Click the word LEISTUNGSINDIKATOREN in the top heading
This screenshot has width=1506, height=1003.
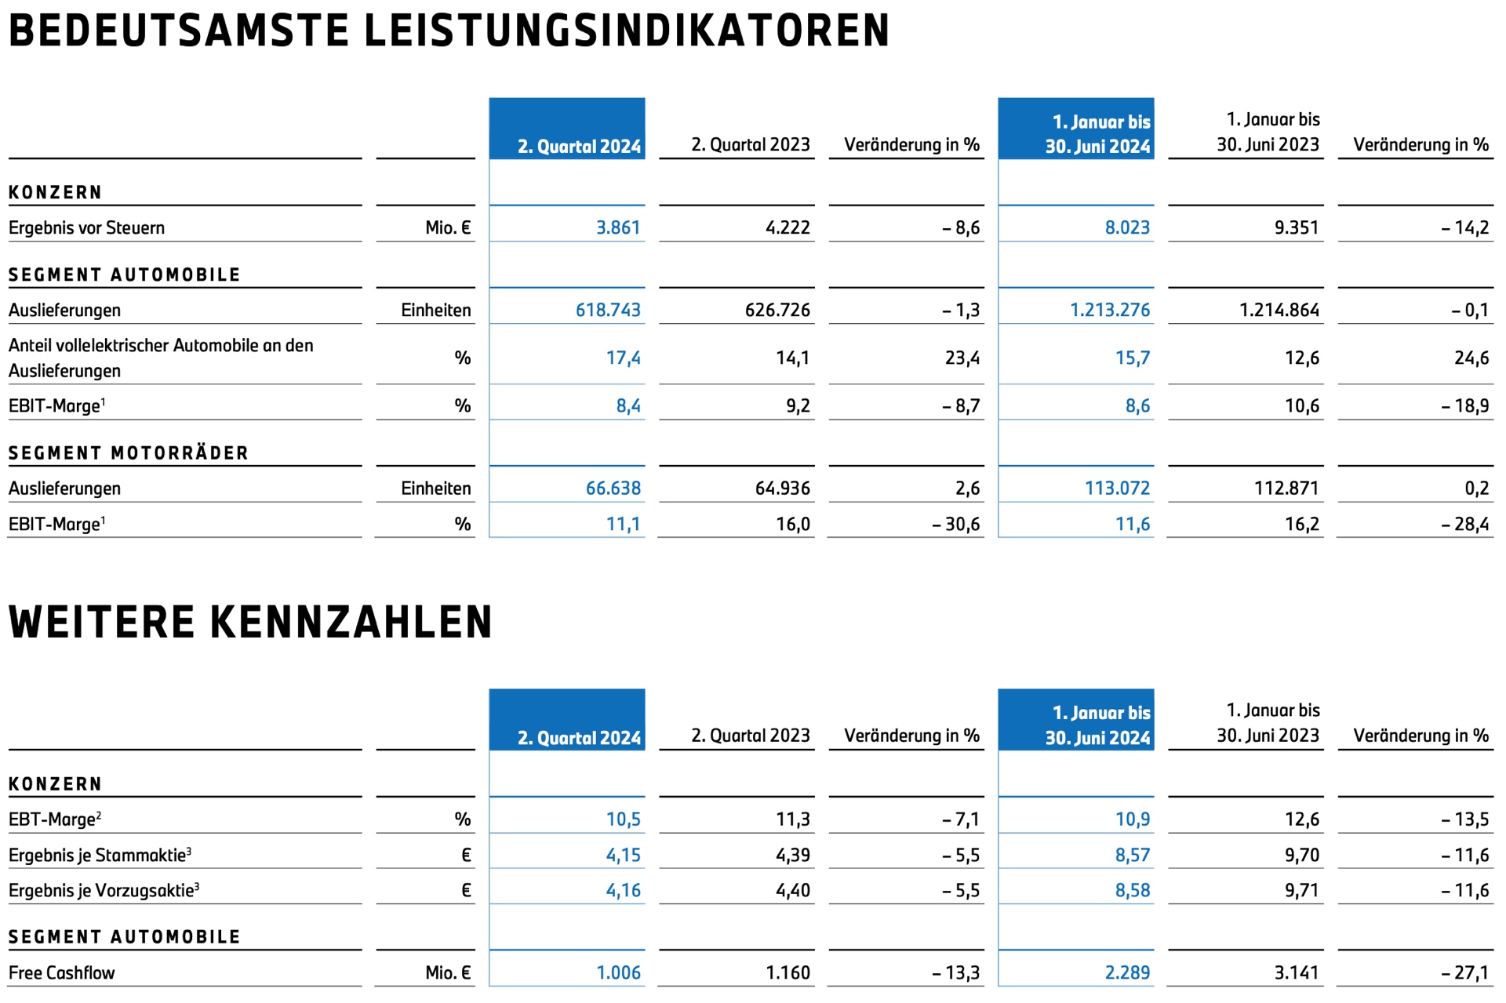627,31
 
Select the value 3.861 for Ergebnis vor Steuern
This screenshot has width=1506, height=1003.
618,227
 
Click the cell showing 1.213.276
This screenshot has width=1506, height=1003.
1110,310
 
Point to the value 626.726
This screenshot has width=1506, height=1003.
777,310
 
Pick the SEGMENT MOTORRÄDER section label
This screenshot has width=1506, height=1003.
128,453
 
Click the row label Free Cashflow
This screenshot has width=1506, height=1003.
61,972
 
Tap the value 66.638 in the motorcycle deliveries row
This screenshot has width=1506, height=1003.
613,488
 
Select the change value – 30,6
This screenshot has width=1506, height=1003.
956,524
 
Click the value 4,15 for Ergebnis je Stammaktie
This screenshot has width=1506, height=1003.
623,855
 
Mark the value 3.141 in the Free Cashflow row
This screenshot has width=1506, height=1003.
1297,972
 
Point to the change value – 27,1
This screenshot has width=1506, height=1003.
1464,972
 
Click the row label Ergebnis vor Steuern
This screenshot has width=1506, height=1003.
86,227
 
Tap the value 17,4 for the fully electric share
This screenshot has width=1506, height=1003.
623,358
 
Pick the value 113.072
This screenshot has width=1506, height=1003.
1117,488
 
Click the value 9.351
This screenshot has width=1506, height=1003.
1297,227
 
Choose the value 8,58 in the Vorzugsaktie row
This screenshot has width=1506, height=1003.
1133,890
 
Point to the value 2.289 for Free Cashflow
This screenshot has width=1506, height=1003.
1127,972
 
